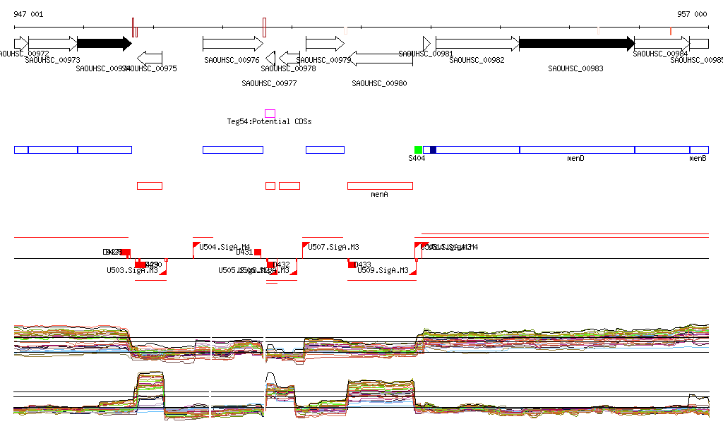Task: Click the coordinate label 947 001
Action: (28, 14)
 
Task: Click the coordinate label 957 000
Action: (692, 14)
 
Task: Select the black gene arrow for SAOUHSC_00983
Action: (576, 44)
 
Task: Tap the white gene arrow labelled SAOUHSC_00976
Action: (232, 44)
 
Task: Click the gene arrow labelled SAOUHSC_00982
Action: (477, 44)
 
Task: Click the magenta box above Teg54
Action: (270, 114)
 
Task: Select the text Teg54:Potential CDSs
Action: (269, 122)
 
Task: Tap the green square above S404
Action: (418, 150)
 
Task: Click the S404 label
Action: (417, 159)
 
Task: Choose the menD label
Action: (575, 159)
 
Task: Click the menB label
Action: (698, 159)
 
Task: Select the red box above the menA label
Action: (380, 186)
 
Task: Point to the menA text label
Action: (380, 194)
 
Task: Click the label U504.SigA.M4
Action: (225, 248)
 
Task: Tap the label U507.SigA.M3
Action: (334, 248)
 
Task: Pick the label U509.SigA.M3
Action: (383, 270)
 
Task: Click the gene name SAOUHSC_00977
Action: (269, 83)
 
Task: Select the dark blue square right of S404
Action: (433, 150)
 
